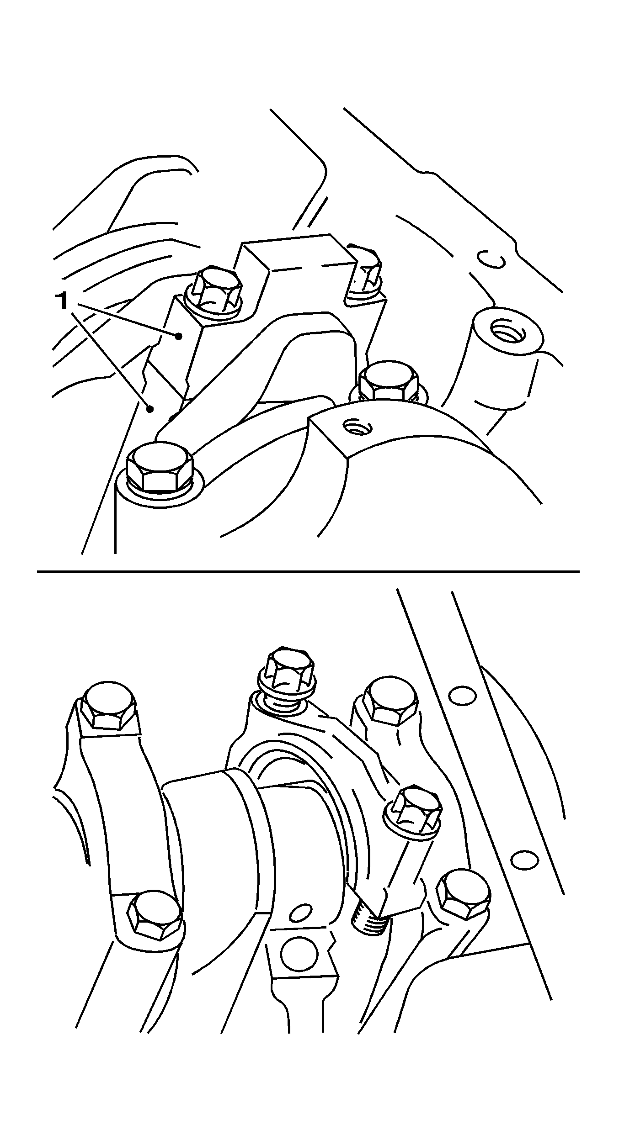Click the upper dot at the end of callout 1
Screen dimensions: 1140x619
[179, 337]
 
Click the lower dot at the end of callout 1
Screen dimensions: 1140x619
[149, 409]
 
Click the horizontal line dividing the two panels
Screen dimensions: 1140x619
[309, 571]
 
